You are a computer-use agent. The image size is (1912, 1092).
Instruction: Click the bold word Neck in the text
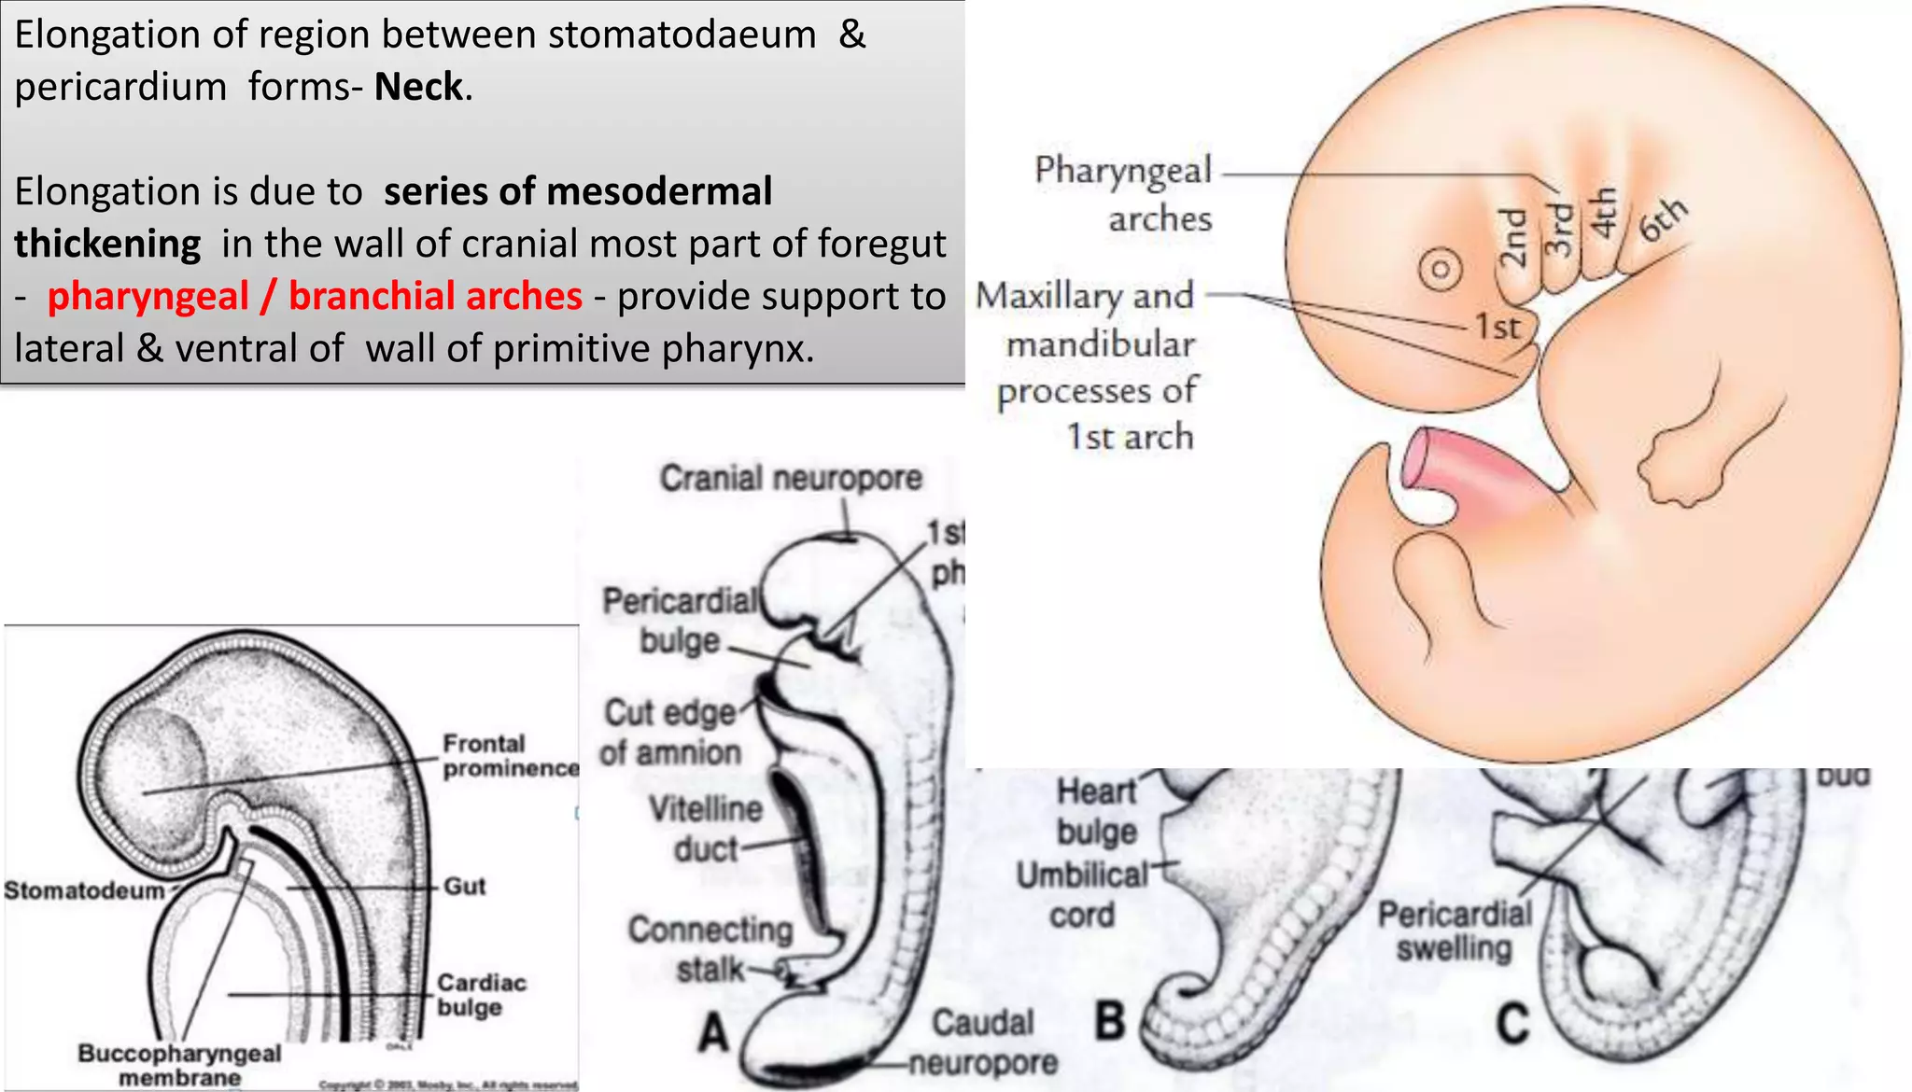pos(419,87)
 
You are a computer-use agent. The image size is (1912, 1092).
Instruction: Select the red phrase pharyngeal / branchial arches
pos(315,296)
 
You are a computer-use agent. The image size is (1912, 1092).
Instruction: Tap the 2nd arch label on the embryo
pos(1513,238)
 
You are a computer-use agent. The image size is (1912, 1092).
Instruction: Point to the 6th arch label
pos(1663,220)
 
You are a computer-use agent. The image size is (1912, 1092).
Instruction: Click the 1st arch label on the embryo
pos(1497,327)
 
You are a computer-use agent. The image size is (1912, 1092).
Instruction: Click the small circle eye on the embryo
pos(1440,271)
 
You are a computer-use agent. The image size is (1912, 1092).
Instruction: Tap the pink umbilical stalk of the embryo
pos(1466,471)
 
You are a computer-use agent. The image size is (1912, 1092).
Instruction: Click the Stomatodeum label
pos(84,890)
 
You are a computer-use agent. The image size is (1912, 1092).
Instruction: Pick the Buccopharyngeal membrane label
pos(179,1065)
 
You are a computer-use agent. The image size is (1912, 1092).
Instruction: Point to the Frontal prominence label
pos(509,756)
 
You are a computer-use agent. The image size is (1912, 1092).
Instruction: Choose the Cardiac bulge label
pos(481,995)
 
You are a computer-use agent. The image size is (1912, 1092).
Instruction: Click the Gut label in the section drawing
pos(464,886)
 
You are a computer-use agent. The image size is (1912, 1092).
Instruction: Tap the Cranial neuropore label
pos(791,478)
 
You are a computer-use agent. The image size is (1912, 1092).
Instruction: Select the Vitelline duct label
pos(706,829)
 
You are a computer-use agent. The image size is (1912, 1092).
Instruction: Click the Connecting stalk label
pos(710,948)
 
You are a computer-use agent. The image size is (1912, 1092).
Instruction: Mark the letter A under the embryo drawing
pos(714,1033)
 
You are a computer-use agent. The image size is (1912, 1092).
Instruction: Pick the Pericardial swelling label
pos(1455,931)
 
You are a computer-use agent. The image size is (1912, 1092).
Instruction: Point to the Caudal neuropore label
pos(983,1043)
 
